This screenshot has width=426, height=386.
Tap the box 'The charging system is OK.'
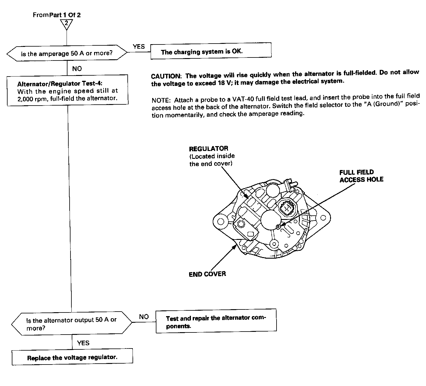211,51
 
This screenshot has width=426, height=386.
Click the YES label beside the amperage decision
139,47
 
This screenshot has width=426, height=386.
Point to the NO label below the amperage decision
77,69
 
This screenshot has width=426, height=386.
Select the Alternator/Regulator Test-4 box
67,90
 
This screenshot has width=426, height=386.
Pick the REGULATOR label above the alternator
208,149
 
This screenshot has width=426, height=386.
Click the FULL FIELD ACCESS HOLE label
361,176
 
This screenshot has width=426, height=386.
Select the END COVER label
207,274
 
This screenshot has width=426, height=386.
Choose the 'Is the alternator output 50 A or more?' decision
72,324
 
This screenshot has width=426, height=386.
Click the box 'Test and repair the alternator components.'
216,321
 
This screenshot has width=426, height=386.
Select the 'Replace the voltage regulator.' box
72,358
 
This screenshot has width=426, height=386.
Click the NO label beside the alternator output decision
144,317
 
